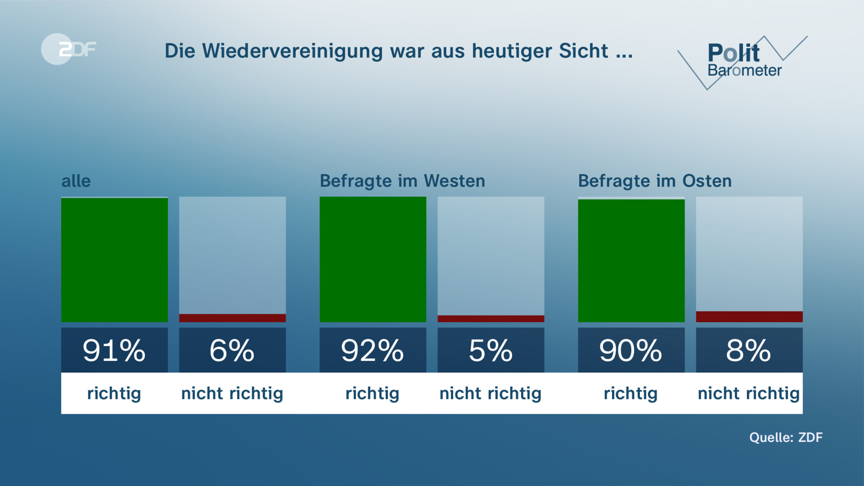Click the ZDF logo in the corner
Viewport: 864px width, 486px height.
click(68, 49)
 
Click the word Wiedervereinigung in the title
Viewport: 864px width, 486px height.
click(292, 51)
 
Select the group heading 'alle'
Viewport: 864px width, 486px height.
click(76, 181)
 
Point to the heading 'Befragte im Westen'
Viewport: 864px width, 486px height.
click(402, 181)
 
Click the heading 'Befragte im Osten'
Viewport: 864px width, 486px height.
click(654, 181)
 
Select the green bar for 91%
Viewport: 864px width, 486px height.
click(114, 260)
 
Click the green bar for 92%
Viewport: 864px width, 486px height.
click(373, 259)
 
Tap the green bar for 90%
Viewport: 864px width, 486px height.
click(631, 261)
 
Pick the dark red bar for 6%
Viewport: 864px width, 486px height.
click(232, 318)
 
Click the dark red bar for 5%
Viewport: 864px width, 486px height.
click(491, 319)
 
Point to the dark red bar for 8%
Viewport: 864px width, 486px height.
click(749, 316)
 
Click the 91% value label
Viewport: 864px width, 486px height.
click(114, 350)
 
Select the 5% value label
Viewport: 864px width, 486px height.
click(491, 350)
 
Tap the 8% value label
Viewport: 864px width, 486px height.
click(749, 350)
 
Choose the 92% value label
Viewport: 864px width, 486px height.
click(373, 350)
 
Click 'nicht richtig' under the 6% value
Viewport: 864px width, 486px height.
click(232, 393)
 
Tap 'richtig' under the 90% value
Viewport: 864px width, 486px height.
click(631, 393)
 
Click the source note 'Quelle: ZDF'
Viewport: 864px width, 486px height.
click(786, 437)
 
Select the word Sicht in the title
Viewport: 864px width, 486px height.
click(583, 51)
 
